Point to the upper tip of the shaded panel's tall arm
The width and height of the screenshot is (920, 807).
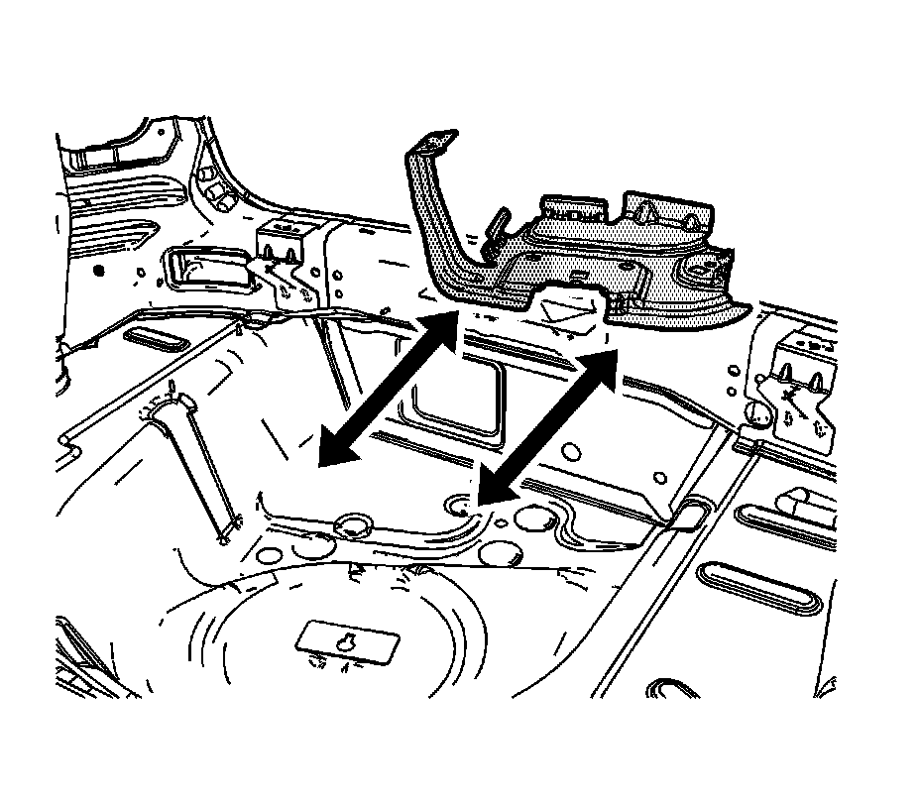pos(434,142)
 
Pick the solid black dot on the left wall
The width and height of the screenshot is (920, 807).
pos(97,270)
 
